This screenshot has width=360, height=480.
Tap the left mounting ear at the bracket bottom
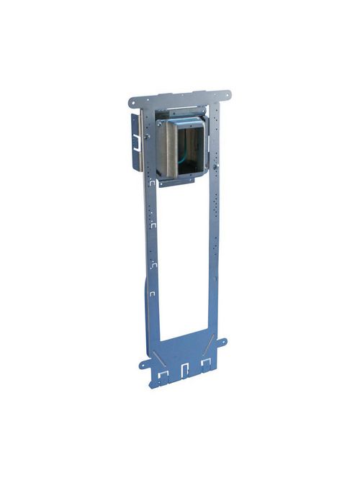[144, 364]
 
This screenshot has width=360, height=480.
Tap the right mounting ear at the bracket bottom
[223, 342]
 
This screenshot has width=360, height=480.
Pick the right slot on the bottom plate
[207, 363]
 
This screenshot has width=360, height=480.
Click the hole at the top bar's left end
[134, 100]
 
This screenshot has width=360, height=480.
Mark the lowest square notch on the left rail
[153, 294]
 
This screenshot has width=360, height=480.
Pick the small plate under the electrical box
[176, 183]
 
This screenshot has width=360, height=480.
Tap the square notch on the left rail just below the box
[152, 189]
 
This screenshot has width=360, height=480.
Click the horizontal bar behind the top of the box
[180, 111]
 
